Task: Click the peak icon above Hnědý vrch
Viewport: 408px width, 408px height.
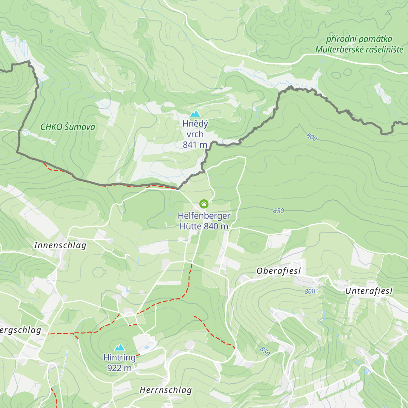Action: (x=195, y=114)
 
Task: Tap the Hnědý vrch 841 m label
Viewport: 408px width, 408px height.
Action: (x=195, y=134)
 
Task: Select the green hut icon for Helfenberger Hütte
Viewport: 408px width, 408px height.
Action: (x=204, y=204)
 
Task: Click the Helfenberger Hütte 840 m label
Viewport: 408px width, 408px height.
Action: (x=204, y=221)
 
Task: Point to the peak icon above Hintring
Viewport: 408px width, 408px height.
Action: (x=119, y=347)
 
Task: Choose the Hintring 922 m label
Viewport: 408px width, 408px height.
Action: (x=119, y=362)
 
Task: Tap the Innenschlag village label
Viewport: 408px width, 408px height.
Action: (x=60, y=245)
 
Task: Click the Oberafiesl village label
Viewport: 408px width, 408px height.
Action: (x=279, y=271)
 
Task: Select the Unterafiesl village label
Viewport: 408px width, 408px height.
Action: (x=369, y=291)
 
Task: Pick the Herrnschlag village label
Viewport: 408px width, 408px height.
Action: (x=166, y=390)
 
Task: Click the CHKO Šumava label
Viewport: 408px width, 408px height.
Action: (x=68, y=127)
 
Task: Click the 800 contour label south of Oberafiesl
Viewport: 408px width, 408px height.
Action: (x=310, y=291)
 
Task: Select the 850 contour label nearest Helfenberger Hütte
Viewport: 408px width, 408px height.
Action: (x=278, y=211)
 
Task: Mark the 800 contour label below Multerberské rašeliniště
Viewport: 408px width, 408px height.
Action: (x=312, y=137)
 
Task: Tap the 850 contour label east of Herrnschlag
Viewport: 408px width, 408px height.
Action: (x=265, y=351)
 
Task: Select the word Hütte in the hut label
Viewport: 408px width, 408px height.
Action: (x=190, y=226)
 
